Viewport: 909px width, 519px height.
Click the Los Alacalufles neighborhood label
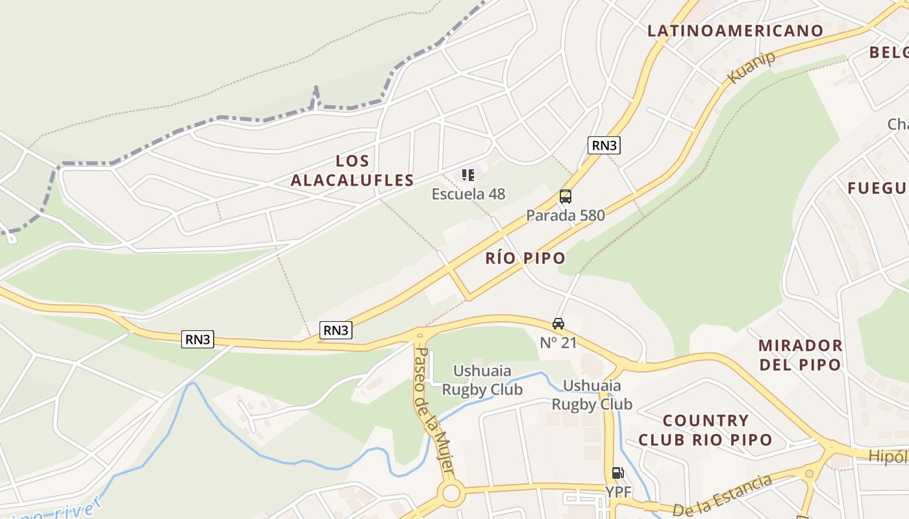coord(352,171)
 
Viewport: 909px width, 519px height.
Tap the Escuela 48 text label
coord(468,194)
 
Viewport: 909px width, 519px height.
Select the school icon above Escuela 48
coord(468,175)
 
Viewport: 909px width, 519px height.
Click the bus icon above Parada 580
coord(566,197)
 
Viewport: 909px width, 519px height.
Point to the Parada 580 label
coord(566,215)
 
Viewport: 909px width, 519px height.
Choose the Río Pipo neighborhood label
coord(525,258)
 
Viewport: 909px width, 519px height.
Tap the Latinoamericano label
coord(736,30)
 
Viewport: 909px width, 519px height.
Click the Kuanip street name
coord(752,67)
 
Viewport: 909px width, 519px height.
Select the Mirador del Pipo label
coord(800,354)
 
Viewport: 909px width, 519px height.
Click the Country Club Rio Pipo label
coord(705,430)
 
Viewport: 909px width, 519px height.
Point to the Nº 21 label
coord(558,343)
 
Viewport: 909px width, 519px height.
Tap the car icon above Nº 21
coord(558,324)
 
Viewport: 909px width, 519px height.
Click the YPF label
coord(618,492)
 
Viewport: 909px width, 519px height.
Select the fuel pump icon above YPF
coord(617,473)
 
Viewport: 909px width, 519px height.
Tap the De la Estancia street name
coord(721,497)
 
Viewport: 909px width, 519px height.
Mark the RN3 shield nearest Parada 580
coord(604,145)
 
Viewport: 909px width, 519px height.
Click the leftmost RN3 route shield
coord(197,339)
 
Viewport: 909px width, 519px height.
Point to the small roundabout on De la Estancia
coord(809,474)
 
